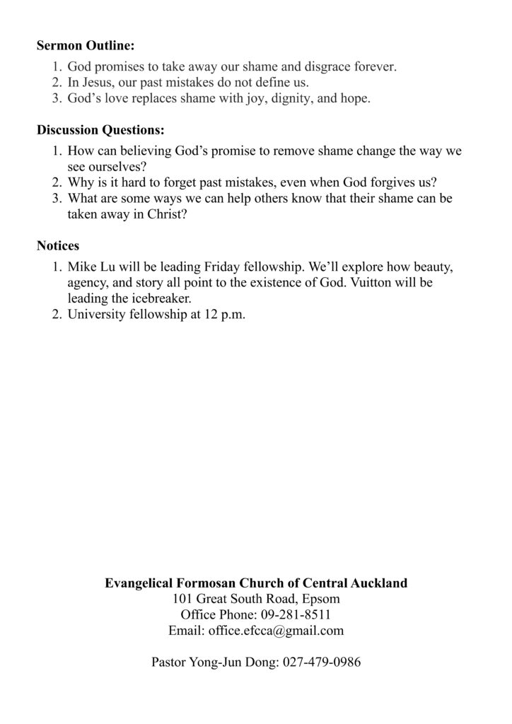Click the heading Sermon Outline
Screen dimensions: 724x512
click(x=85, y=47)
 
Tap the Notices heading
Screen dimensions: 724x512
click(x=58, y=246)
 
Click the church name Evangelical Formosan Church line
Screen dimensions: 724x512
click(x=256, y=583)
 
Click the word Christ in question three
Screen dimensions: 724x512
click(x=168, y=214)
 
